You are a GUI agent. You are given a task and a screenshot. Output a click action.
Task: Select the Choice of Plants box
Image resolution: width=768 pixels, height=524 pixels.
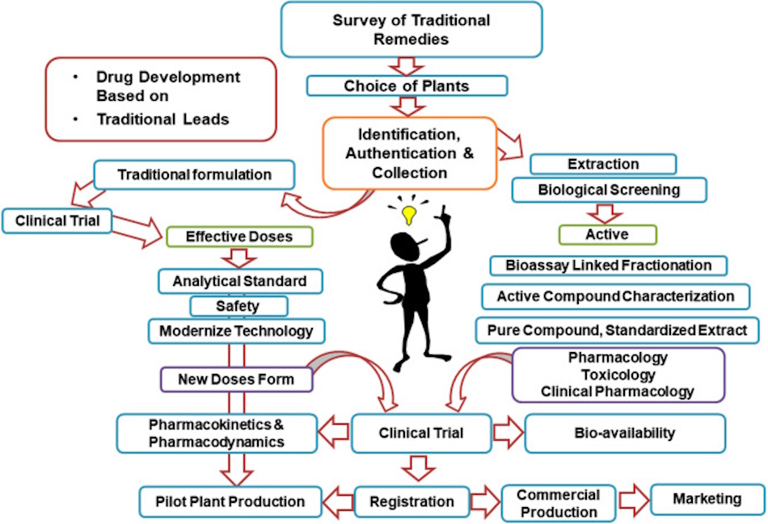click(x=407, y=86)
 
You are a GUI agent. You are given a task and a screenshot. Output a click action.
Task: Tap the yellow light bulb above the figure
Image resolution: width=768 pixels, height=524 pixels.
click(x=410, y=215)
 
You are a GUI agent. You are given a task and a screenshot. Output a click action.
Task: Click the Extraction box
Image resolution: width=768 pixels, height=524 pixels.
click(x=603, y=164)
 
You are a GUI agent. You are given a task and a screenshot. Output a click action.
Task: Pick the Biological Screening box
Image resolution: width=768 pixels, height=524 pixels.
click(x=609, y=191)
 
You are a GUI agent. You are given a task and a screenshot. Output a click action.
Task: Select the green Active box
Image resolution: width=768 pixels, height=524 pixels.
click(x=608, y=234)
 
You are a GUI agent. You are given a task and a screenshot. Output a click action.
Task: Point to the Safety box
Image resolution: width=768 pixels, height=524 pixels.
click(x=238, y=306)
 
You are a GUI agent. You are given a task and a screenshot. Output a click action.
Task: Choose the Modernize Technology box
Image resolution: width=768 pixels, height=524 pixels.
click(x=236, y=331)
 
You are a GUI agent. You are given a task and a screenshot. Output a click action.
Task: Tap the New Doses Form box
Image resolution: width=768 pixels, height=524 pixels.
click(x=236, y=378)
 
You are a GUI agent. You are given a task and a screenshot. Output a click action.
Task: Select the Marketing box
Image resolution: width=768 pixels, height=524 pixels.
click(x=707, y=499)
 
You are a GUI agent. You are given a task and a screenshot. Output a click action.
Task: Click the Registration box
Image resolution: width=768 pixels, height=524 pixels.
click(x=411, y=501)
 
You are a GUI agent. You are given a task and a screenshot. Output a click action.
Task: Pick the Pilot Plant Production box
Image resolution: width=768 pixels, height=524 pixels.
click(x=230, y=501)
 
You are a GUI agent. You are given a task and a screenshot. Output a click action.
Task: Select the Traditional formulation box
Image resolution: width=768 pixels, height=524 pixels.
click(x=194, y=174)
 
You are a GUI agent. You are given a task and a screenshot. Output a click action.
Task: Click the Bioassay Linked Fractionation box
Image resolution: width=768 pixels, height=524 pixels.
click(x=608, y=265)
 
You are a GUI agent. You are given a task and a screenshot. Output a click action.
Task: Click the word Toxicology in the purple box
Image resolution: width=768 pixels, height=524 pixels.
click(x=619, y=374)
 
